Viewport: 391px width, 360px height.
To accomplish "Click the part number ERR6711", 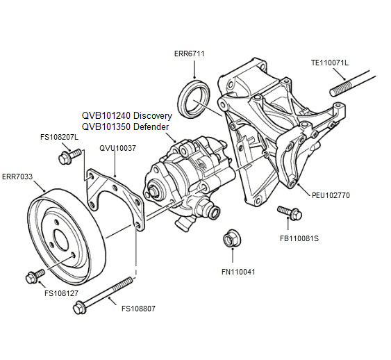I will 189,54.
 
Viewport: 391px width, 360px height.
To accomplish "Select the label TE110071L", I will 329,63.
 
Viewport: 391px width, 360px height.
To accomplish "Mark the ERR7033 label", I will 19,177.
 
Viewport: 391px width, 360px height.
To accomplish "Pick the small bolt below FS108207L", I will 66,159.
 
